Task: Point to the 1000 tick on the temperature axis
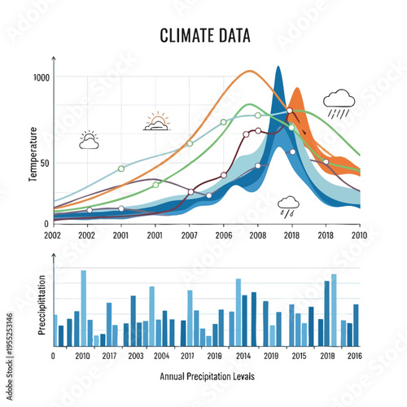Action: (42, 77)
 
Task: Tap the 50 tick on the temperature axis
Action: (45, 163)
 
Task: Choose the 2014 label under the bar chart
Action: (243, 357)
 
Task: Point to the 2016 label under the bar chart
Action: (354, 357)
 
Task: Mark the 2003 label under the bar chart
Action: (136, 357)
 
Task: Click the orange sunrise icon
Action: (157, 123)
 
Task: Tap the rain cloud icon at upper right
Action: (339, 103)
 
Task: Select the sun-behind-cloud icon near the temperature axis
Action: (89, 140)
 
